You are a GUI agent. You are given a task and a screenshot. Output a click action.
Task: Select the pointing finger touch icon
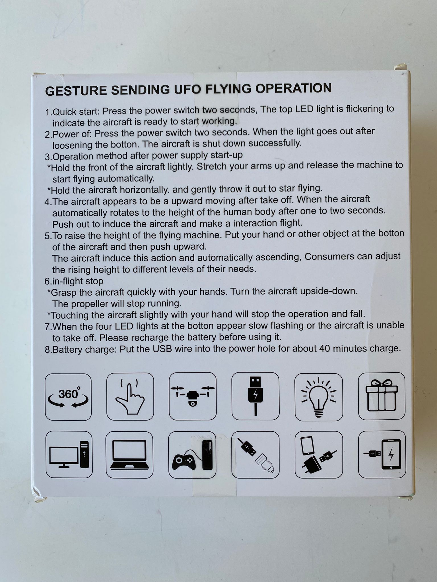coord(130,396)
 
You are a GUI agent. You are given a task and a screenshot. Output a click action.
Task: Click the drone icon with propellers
coord(193,396)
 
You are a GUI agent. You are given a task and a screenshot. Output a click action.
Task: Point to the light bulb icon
coord(319,397)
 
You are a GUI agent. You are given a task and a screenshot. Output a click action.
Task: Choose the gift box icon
coord(382,396)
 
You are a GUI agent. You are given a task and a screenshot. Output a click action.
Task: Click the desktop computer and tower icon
coord(69,454)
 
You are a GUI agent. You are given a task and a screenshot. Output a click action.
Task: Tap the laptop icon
coord(129,454)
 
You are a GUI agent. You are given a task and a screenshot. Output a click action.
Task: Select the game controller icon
coord(192,455)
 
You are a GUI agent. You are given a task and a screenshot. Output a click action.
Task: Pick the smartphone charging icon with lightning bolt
coord(382,454)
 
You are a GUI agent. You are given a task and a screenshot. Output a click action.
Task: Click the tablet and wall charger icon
coord(319,454)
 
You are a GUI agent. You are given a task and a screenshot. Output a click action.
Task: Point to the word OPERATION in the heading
coord(293,88)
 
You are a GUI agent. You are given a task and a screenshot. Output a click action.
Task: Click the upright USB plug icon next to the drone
coord(255,396)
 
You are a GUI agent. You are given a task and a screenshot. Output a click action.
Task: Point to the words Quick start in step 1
coord(76,111)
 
